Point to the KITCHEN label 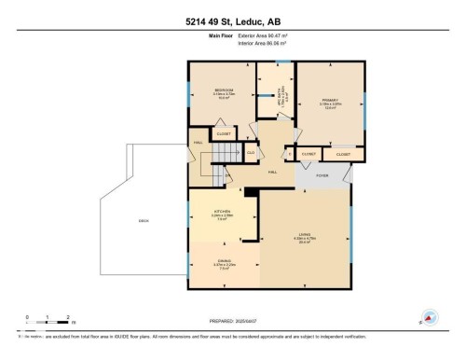(221, 213)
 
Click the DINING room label (224, 261)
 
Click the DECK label (144, 221)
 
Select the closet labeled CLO (251, 153)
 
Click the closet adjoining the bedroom (224, 134)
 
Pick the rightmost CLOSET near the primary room (344, 153)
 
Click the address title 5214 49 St (233, 21)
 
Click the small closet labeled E (289, 153)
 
